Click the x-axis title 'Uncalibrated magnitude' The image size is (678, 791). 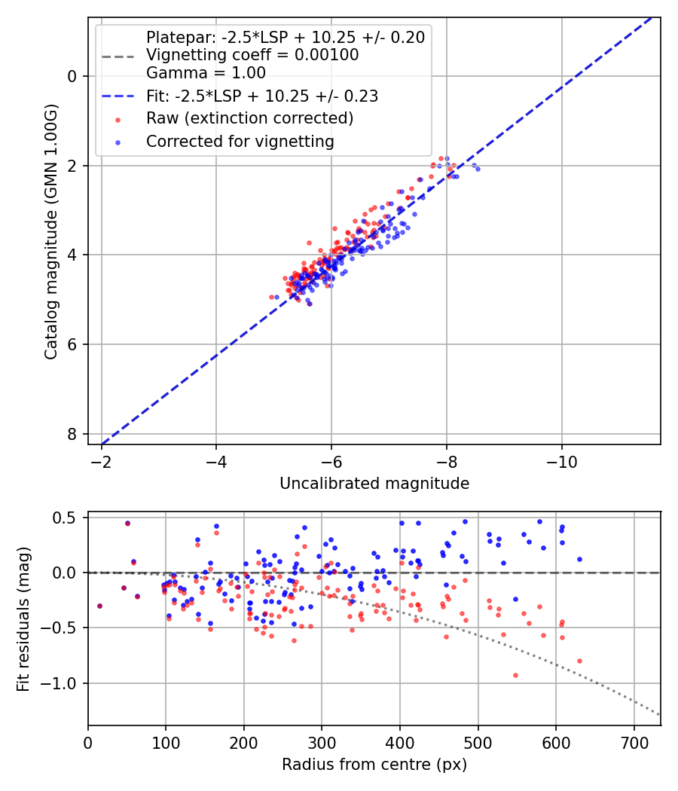(x=374, y=484)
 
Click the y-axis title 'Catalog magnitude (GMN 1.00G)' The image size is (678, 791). (x=50, y=230)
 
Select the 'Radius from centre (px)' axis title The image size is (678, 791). (x=374, y=765)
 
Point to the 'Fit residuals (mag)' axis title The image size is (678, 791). (x=24, y=618)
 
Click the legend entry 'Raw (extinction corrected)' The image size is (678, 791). (x=249, y=118)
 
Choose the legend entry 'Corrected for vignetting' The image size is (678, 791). (x=240, y=141)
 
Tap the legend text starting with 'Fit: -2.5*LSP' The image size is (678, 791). (x=261, y=96)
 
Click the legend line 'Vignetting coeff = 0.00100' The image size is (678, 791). (x=252, y=55)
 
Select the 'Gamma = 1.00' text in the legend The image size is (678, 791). (x=206, y=73)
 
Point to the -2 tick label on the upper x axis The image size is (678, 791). (x=102, y=460)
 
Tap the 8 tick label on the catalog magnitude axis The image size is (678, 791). (x=72, y=434)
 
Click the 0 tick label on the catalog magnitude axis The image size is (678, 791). (x=72, y=76)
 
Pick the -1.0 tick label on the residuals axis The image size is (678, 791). (x=62, y=683)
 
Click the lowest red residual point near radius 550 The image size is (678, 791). (x=515, y=675)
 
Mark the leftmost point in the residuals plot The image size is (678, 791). (x=99, y=606)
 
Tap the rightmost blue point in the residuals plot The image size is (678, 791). (x=579, y=559)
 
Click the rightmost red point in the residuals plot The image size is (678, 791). (x=579, y=661)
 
